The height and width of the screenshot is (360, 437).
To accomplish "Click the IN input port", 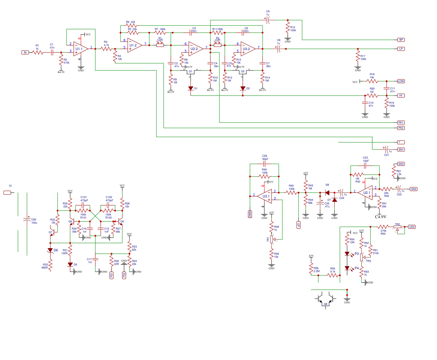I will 25,53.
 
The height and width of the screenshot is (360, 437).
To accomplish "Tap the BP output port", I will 401,40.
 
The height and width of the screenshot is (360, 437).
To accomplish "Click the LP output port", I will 401,49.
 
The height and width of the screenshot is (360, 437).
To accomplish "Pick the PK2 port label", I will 401,128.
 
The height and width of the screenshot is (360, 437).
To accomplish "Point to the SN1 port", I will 401,149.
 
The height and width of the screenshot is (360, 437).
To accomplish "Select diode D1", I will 191,88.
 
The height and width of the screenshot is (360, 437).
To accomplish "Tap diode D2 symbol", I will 243,88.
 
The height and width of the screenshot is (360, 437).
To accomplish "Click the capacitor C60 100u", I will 27,219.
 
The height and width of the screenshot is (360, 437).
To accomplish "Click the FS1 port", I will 111,275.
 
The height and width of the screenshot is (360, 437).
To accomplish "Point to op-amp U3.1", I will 265,196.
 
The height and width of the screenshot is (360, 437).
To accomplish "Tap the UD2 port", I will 412,227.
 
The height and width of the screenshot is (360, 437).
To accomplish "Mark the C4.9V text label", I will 381,217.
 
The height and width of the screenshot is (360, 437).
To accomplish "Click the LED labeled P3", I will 347,254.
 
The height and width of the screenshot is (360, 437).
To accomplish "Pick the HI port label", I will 401,96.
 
